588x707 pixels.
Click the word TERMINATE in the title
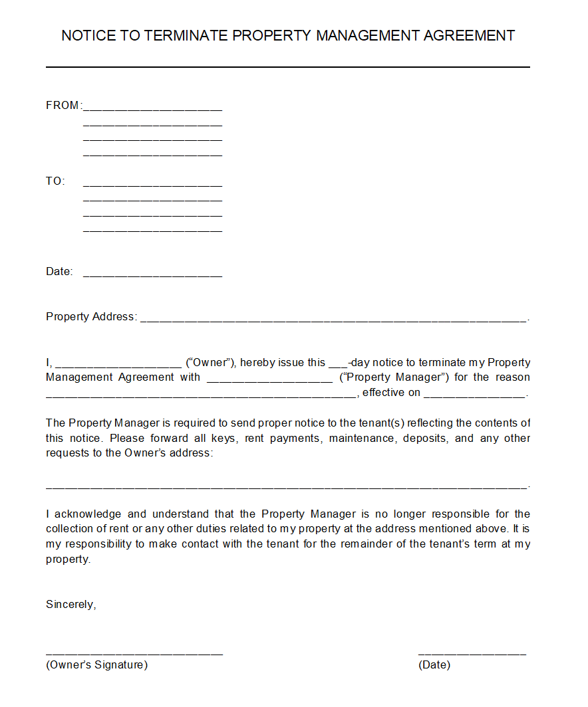pyautogui.click(x=186, y=36)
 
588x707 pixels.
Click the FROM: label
pyautogui.click(x=63, y=106)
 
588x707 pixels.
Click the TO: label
pyautogui.click(x=55, y=181)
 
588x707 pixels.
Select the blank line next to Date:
pyautogui.click(x=152, y=274)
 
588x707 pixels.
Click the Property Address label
pyautogui.click(x=91, y=317)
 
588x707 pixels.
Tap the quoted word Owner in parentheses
pyautogui.click(x=210, y=363)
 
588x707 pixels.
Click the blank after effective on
pyautogui.click(x=474, y=395)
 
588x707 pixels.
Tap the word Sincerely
pyautogui.click(x=71, y=605)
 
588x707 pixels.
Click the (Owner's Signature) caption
pyautogui.click(x=96, y=665)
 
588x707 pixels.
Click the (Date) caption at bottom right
pyautogui.click(x=434, y=665)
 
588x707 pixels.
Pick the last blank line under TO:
pyautogui.click(x=152, y=231)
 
